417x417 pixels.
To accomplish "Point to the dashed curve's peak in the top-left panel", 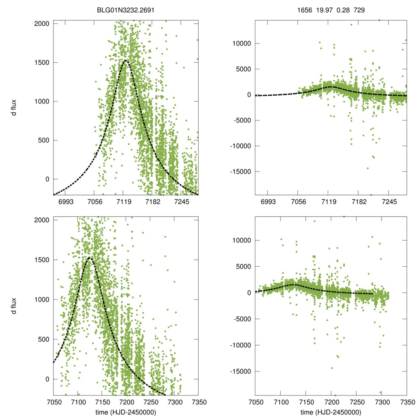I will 125,60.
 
